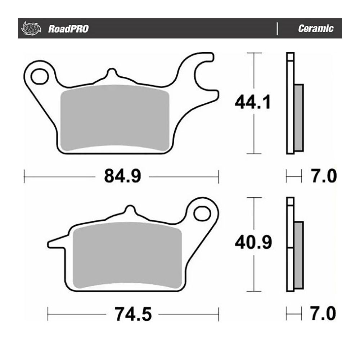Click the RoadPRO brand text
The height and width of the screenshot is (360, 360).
coord(68,29)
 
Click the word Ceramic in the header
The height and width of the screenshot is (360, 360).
coord(315,29)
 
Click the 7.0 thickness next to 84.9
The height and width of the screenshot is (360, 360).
coord(323,176)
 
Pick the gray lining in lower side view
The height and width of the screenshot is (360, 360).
coord(298,254)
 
